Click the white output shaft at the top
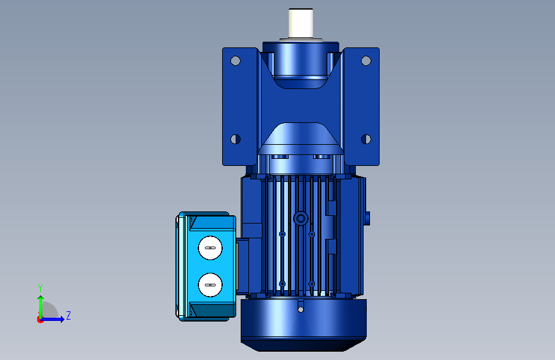pos(300,23)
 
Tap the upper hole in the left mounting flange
pos(236,61)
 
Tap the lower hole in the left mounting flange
pos(236,139)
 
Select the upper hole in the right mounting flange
pos(366,61)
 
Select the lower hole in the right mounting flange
pos(366,139)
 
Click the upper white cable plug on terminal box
pos(210,248)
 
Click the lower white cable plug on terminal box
pos(210,284)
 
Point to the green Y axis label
pos(40,288)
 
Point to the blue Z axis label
pos(68,315)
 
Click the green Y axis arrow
pos(41,307)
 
